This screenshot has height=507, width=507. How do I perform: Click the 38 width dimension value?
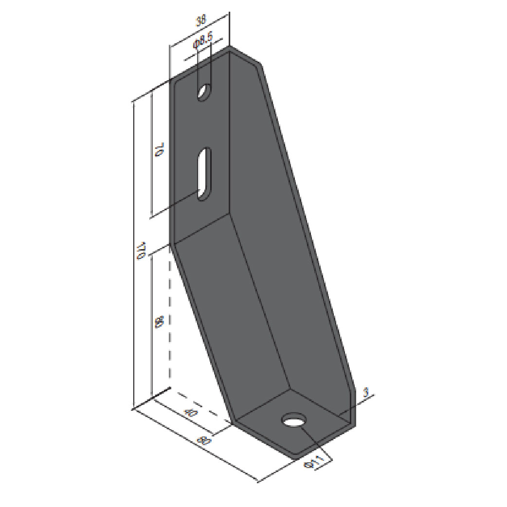[200, 22]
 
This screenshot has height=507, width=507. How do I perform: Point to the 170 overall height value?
[142, 250]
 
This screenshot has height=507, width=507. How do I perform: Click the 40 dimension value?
[191, 413]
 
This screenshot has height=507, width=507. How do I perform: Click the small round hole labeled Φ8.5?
[204, 91]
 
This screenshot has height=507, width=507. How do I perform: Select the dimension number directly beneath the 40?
[205, 441]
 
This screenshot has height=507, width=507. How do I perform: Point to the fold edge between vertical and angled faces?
[201, 228]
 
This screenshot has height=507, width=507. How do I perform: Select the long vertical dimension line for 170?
[133, 253]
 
